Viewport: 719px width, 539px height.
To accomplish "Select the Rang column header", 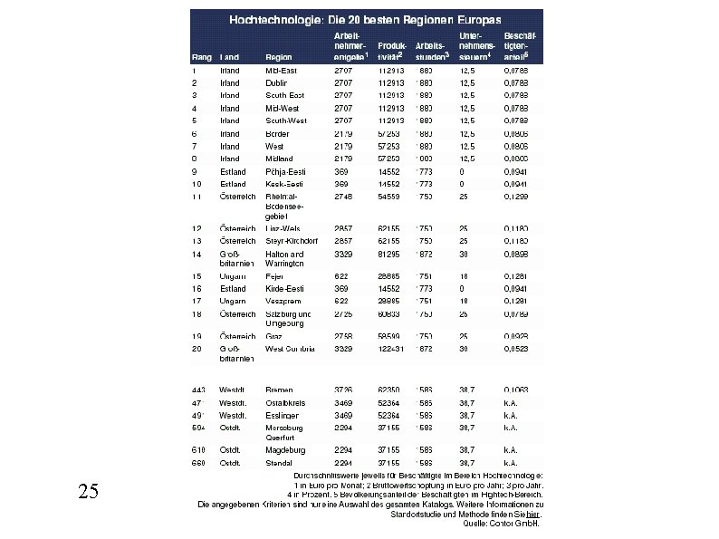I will click(x=201, y=56).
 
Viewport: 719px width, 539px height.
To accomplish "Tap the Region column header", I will click(x=278, y=56).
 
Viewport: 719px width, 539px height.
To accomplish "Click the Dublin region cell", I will click(x=276, y=82).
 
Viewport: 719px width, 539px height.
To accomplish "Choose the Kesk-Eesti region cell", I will click(x=283, y=184).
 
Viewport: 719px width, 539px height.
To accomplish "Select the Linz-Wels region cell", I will click(x=283, y=228).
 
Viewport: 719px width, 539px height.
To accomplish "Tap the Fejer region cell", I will click(x=274, y=275).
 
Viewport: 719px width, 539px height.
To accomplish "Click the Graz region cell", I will click(x=274, y=336).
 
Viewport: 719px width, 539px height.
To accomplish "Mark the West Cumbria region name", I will click(x=290, y=349).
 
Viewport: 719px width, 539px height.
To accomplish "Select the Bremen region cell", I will click(x=279, y=390).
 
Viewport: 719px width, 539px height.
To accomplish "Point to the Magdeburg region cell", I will click(x=284, y=450).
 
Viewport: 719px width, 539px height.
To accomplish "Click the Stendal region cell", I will click(x=279, y=463).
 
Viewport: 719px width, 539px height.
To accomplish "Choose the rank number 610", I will click(x=198, y=450).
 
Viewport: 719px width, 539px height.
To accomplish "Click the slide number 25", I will click(x=88, y=492).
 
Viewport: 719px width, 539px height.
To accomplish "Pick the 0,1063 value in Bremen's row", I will click(x=517, y=390).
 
